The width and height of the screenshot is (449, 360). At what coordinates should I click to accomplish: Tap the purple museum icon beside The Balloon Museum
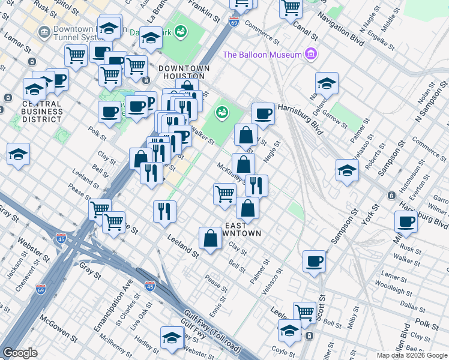pos(310,55)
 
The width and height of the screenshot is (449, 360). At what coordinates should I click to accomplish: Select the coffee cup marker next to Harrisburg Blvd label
pos(262,113)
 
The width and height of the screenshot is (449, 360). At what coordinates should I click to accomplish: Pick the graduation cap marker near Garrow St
pos(327,83)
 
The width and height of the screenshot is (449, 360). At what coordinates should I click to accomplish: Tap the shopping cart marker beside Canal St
pos(291,8)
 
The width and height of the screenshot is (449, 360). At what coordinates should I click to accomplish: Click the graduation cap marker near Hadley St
pos(172,337)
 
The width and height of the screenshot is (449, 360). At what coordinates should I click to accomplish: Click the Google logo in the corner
pos(20,353)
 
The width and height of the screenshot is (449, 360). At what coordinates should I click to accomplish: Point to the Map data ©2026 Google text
pos(412,355)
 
